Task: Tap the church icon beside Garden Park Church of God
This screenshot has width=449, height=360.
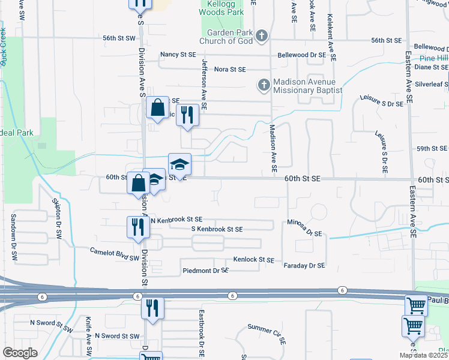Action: click(x=261, y=37)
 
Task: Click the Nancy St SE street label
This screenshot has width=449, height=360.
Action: click(x=178, y=55)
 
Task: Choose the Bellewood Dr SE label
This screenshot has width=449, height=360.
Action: click(x=302, y=55)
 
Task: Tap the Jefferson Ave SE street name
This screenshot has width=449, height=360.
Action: click(x=204, y=84)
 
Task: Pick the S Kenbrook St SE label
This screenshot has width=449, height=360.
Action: click(x=217, y=229)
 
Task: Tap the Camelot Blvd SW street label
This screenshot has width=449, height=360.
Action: click(x=115, y=254)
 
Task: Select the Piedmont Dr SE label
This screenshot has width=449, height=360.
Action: click(x=205, y=271)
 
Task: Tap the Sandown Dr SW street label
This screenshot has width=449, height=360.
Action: click(x=12, y=235)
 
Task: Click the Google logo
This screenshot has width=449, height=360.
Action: click(x=20, y=353)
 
